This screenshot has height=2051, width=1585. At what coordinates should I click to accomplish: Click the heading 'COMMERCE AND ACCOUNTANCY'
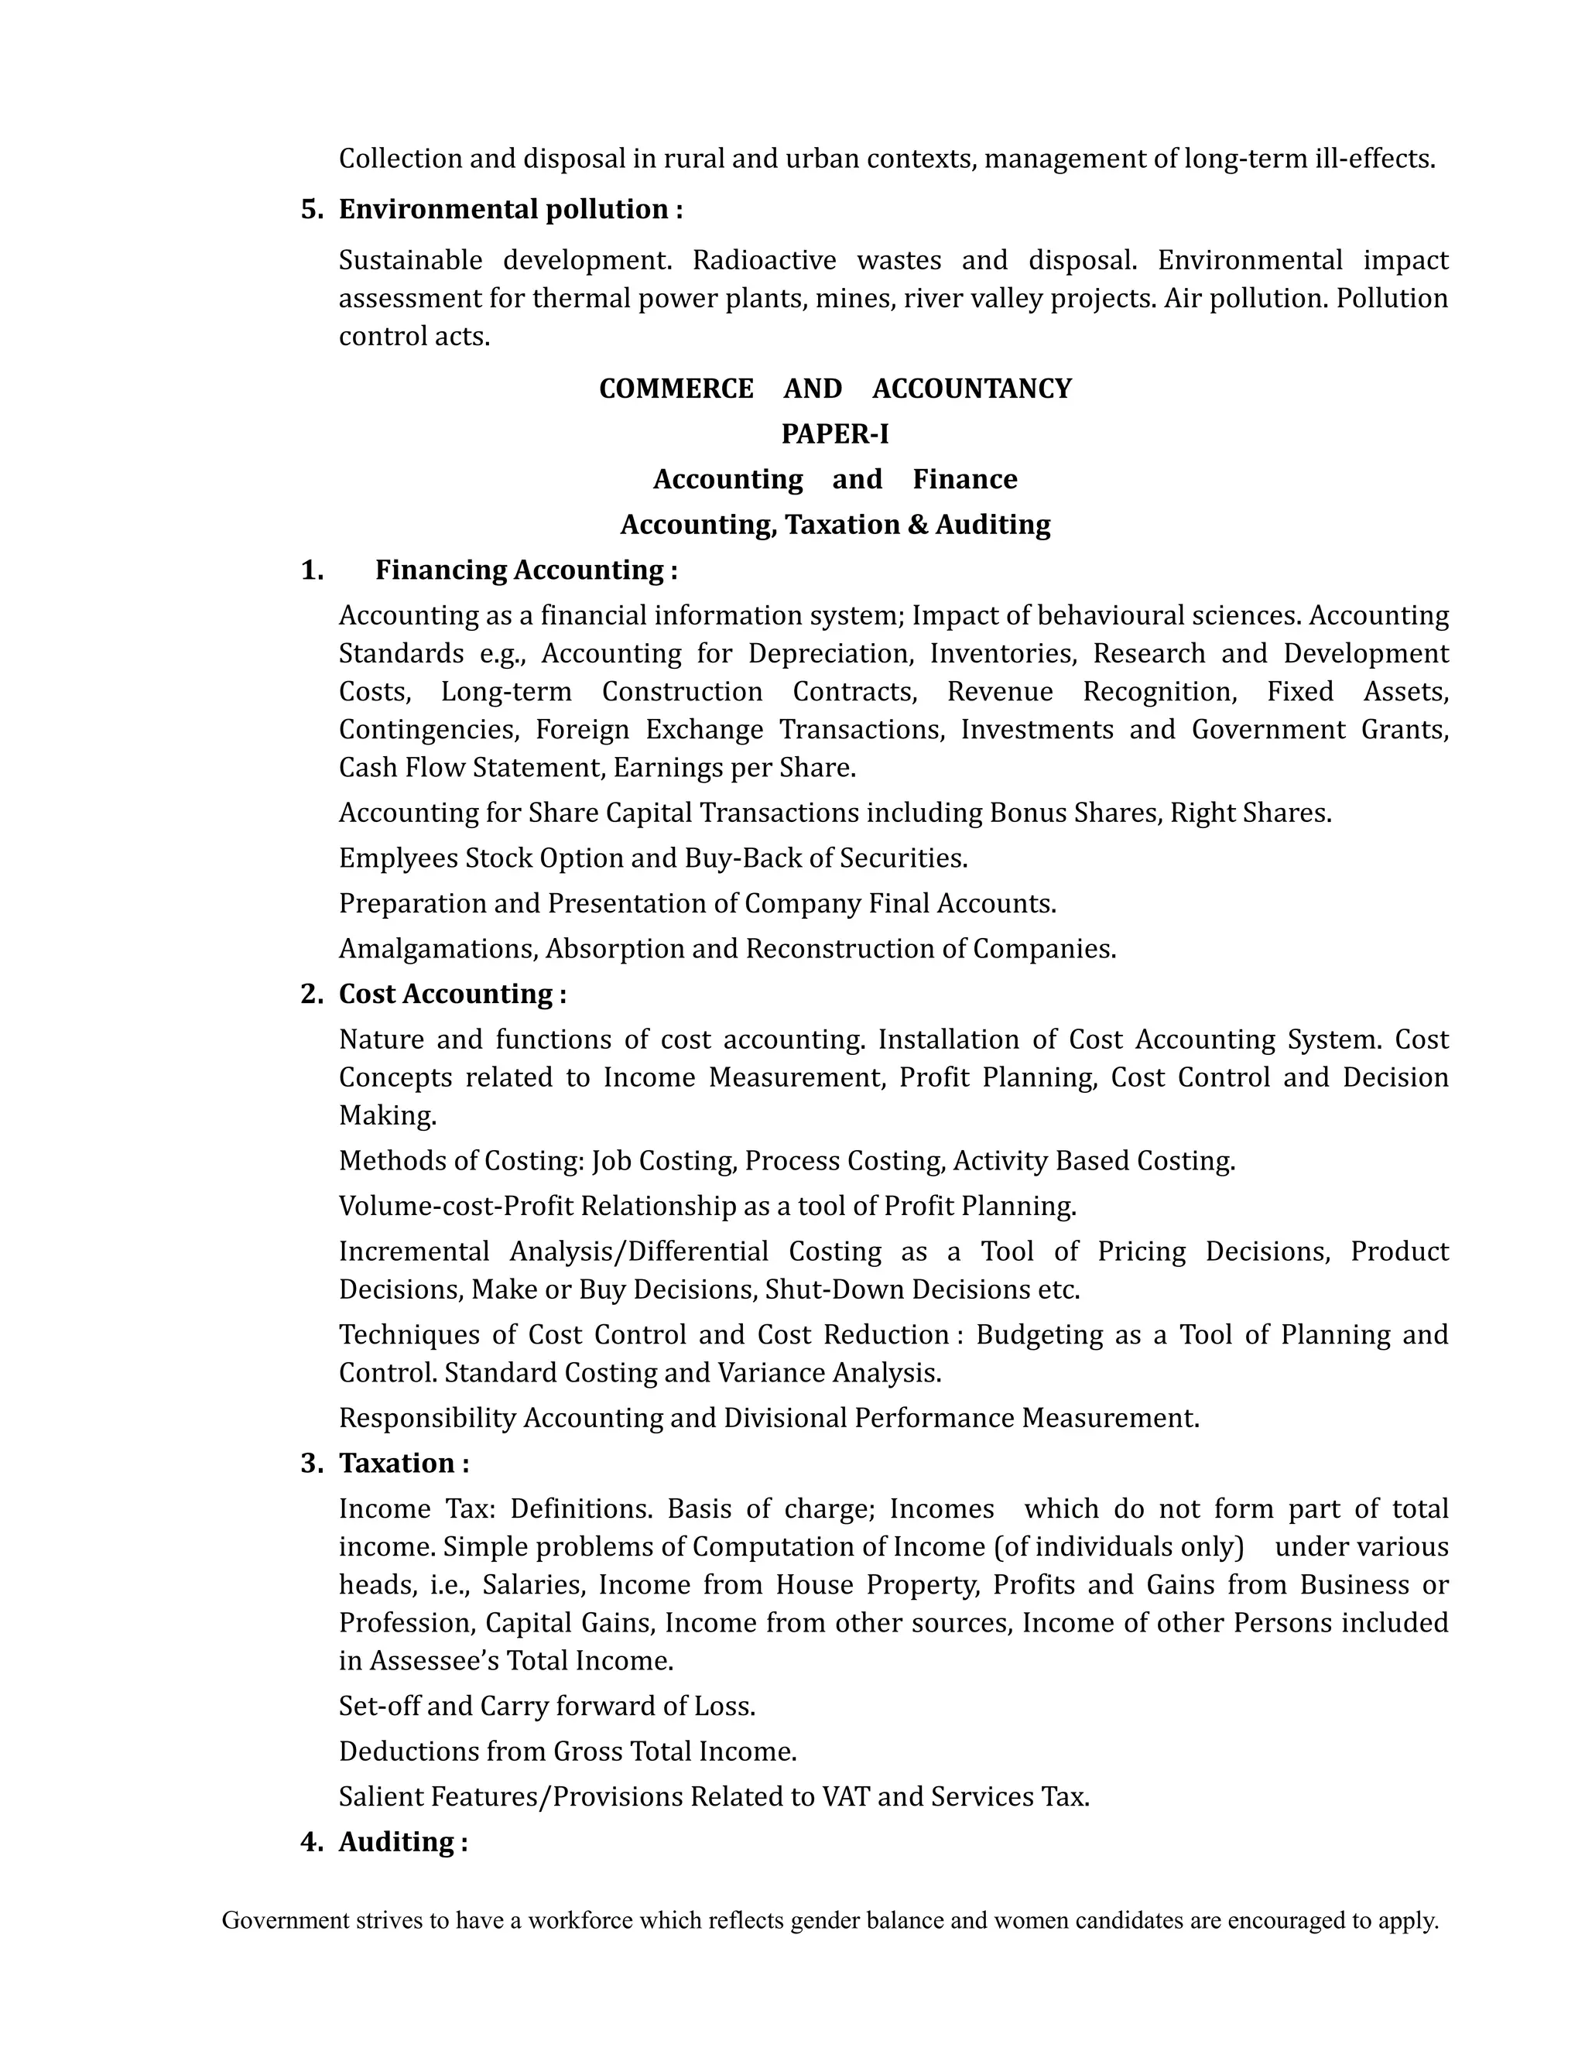click(835, 389)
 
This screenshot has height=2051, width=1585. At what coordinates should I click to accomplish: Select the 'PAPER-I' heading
click(835, 434)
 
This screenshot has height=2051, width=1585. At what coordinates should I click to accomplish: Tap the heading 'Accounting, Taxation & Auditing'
click(835, 524)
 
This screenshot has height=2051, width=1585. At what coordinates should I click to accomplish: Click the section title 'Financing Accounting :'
click(525, 570)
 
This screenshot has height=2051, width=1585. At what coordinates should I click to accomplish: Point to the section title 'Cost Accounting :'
click(452, 994)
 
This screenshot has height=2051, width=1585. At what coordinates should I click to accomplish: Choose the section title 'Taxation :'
click(404, 1463)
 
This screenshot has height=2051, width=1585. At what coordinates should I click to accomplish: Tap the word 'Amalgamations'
click(437, 949)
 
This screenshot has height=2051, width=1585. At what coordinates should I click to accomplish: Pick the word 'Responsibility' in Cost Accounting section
click(427, 1418)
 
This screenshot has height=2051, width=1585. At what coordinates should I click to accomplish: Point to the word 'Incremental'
click(414, 1251)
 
